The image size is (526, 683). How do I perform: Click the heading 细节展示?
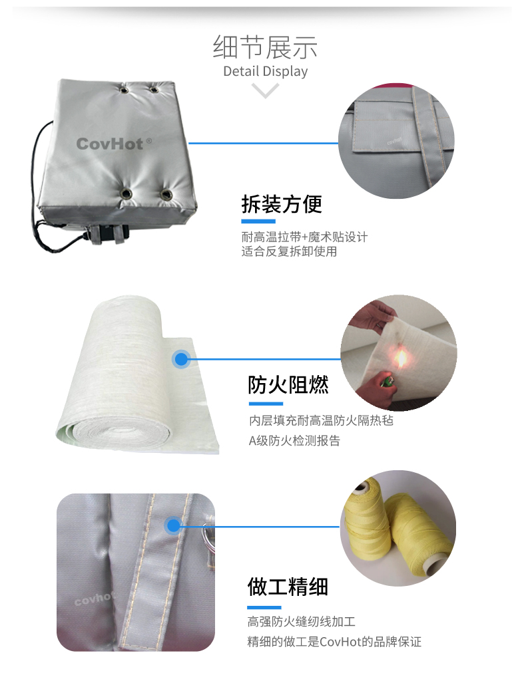(265, 47)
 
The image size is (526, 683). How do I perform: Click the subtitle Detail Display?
(265, 71)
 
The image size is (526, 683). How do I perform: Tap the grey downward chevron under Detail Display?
(265, 90)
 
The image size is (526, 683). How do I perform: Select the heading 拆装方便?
(282, 204)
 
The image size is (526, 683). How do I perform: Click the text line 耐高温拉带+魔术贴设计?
(304, 237)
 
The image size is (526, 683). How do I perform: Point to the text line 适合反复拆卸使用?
(289, 251)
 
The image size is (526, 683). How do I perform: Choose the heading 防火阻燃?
(288, 384)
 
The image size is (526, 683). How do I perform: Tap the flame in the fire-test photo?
(401, 358)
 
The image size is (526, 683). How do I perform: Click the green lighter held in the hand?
(387, 382)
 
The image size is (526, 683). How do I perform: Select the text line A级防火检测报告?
(294, 441)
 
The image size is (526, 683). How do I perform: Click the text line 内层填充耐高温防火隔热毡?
(321, 420)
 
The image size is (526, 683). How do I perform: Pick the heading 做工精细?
(288, 587)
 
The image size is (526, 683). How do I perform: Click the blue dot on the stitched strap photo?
(174, 526)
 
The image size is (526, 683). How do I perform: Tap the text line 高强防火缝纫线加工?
(301, 622)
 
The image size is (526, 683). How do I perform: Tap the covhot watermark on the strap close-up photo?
(95, 598)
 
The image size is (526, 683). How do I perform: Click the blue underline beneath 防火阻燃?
(266, 404)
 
